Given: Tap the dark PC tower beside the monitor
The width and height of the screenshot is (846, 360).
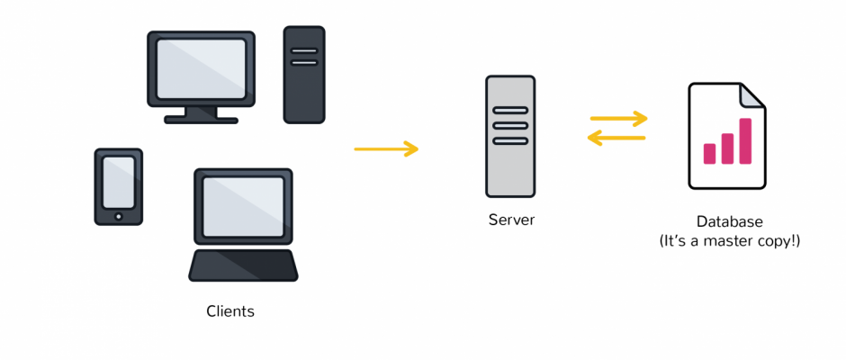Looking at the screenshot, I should (304, 74).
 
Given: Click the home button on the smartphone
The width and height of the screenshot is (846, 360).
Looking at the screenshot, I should (119, 216).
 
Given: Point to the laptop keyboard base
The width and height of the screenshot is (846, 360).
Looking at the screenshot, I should (243, 265).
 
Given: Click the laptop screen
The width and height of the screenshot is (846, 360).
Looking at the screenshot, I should (243, 206).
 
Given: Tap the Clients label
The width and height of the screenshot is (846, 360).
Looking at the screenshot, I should (230, 311).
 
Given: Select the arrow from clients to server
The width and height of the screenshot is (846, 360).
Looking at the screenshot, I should (386, 148).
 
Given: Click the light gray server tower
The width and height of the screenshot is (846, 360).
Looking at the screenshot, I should (510, 136).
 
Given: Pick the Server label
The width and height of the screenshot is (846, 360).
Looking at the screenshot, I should (511, 220).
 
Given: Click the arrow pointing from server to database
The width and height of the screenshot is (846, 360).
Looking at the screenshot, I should (619, 118).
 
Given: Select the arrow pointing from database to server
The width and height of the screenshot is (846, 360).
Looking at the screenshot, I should (617, 138).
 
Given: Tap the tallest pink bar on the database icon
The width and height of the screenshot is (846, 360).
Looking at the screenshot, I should (745, 140).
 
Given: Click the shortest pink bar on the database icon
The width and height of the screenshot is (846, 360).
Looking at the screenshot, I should (709, 153).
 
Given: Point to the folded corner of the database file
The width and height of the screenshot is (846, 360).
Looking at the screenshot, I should (752, 94).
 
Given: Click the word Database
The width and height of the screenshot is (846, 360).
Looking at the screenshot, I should (729, 221).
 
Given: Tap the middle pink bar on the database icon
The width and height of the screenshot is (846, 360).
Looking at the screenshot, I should (727, 148).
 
